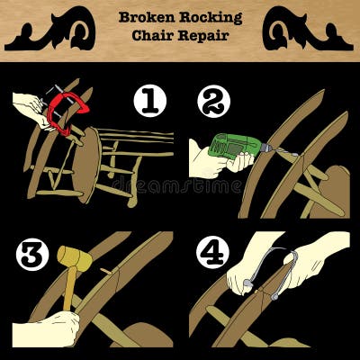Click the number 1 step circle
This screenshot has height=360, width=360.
150,103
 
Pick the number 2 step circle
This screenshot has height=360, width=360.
212,103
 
